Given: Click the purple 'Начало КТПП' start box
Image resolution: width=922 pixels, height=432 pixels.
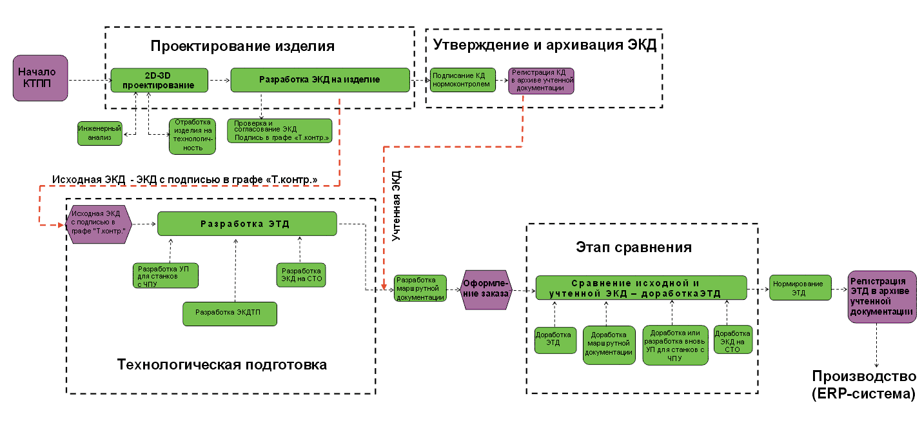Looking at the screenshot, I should [x=41, y=78].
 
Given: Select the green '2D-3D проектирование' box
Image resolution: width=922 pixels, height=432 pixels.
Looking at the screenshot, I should [x=159, y=80].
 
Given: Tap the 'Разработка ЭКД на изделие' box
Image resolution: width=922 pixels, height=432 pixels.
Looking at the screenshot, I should [x=320, y=80].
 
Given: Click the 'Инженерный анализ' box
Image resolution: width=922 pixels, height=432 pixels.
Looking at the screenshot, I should [x=99, y=133].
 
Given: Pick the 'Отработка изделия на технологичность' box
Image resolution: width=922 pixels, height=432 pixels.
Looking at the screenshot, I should [x=193, y=135].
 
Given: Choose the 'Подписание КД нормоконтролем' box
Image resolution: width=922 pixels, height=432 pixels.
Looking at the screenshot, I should [x=462, y=79].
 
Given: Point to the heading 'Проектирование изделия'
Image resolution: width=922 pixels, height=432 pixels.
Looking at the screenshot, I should [x=242, y=46].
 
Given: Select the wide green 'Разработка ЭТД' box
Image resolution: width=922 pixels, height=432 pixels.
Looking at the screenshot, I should [x=247, y=224].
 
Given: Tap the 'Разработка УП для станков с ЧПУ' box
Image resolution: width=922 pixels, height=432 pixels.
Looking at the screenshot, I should [x=166, y=275].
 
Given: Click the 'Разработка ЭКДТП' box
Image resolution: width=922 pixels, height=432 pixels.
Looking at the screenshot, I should [x=230, y=313].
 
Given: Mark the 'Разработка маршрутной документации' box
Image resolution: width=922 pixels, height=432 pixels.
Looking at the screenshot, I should [x=420, y=289].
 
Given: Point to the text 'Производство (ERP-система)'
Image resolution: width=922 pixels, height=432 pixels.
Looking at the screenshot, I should [x=863, y=385].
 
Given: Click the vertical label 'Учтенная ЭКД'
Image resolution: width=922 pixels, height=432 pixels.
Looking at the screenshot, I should [x=397, y=206].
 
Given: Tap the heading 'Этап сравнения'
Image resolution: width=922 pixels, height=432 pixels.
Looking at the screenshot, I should [x=633, y=248].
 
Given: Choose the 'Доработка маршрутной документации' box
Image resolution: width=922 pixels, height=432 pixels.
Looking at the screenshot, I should [x=609, y=344].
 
